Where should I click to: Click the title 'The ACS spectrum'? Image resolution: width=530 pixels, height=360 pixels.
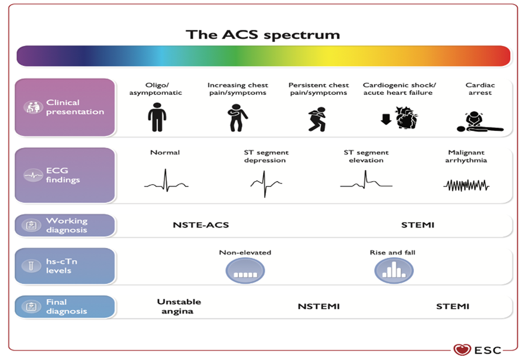click(x=262, y=35)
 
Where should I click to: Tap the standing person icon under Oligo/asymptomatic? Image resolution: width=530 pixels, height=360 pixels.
click(x=157, y=117)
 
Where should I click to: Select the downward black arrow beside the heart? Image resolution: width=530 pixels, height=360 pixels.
click(x=386, y=119)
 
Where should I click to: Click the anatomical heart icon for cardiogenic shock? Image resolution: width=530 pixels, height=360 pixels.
click(x=407, y=117)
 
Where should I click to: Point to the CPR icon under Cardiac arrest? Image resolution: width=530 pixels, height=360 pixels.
click(x=480, y=122)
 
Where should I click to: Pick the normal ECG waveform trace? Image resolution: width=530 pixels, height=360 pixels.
click(x=166, y=181)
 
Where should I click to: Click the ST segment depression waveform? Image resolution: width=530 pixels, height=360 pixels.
click(x=266, y=184)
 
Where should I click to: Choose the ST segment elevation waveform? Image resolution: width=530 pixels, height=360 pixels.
click(x=366, y=180)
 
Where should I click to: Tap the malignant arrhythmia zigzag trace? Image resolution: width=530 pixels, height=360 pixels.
click(x=466, y=185)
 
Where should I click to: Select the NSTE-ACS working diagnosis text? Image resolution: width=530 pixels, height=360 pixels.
click(x=201, y=225)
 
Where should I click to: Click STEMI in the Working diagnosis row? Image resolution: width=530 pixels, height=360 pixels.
click(x=417, y=225)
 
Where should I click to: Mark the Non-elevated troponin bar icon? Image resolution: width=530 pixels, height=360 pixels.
click(x=245, y=271)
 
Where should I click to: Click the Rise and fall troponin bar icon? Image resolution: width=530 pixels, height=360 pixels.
click(x=394, y=271)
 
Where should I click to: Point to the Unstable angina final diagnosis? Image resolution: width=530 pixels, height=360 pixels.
click(x=178, y=306)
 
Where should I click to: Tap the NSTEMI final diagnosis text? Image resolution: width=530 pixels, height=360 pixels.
click(x=318, y=307)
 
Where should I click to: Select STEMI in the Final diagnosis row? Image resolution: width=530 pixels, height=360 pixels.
click(x=453, y=307)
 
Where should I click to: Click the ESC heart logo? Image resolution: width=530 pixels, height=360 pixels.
click(x=462, y=349)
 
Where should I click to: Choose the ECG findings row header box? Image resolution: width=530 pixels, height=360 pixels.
click(x=65, y=175)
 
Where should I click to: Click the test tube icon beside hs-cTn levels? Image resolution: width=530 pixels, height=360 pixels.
click(x=31, y=266)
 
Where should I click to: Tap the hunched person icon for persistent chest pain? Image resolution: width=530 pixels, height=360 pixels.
click(x=317, y=119)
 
